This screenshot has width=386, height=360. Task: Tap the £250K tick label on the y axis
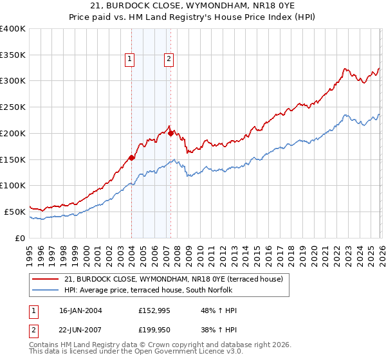point(13,107)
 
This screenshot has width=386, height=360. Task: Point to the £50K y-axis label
point(15,212)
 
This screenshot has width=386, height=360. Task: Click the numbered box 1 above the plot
point(130,59)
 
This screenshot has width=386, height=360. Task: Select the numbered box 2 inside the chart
point(169,59)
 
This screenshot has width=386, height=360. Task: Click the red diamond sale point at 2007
point(170,133)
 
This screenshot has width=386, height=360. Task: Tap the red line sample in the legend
point(46,279)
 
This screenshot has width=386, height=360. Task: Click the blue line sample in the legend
point(46,290)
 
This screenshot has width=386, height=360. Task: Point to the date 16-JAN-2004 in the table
point(80,310)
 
